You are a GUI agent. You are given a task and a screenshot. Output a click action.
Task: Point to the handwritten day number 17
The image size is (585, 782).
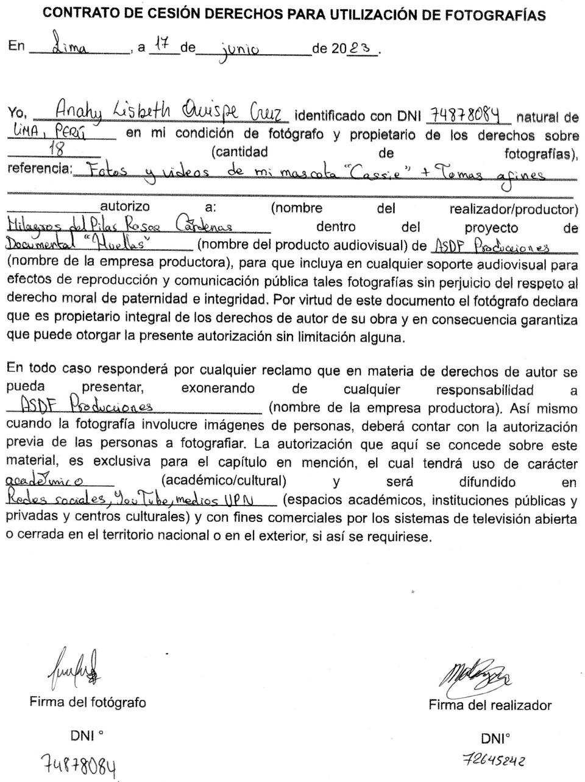point(161,44)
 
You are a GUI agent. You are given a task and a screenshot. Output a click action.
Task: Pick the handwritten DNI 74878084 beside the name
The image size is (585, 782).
point(469,114)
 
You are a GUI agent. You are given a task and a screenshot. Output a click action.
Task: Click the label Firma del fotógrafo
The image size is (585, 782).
point(88,702)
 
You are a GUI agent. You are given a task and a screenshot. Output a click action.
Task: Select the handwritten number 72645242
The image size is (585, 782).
point(494,761)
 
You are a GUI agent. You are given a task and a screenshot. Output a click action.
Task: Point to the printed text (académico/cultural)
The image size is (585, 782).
point(224,481)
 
